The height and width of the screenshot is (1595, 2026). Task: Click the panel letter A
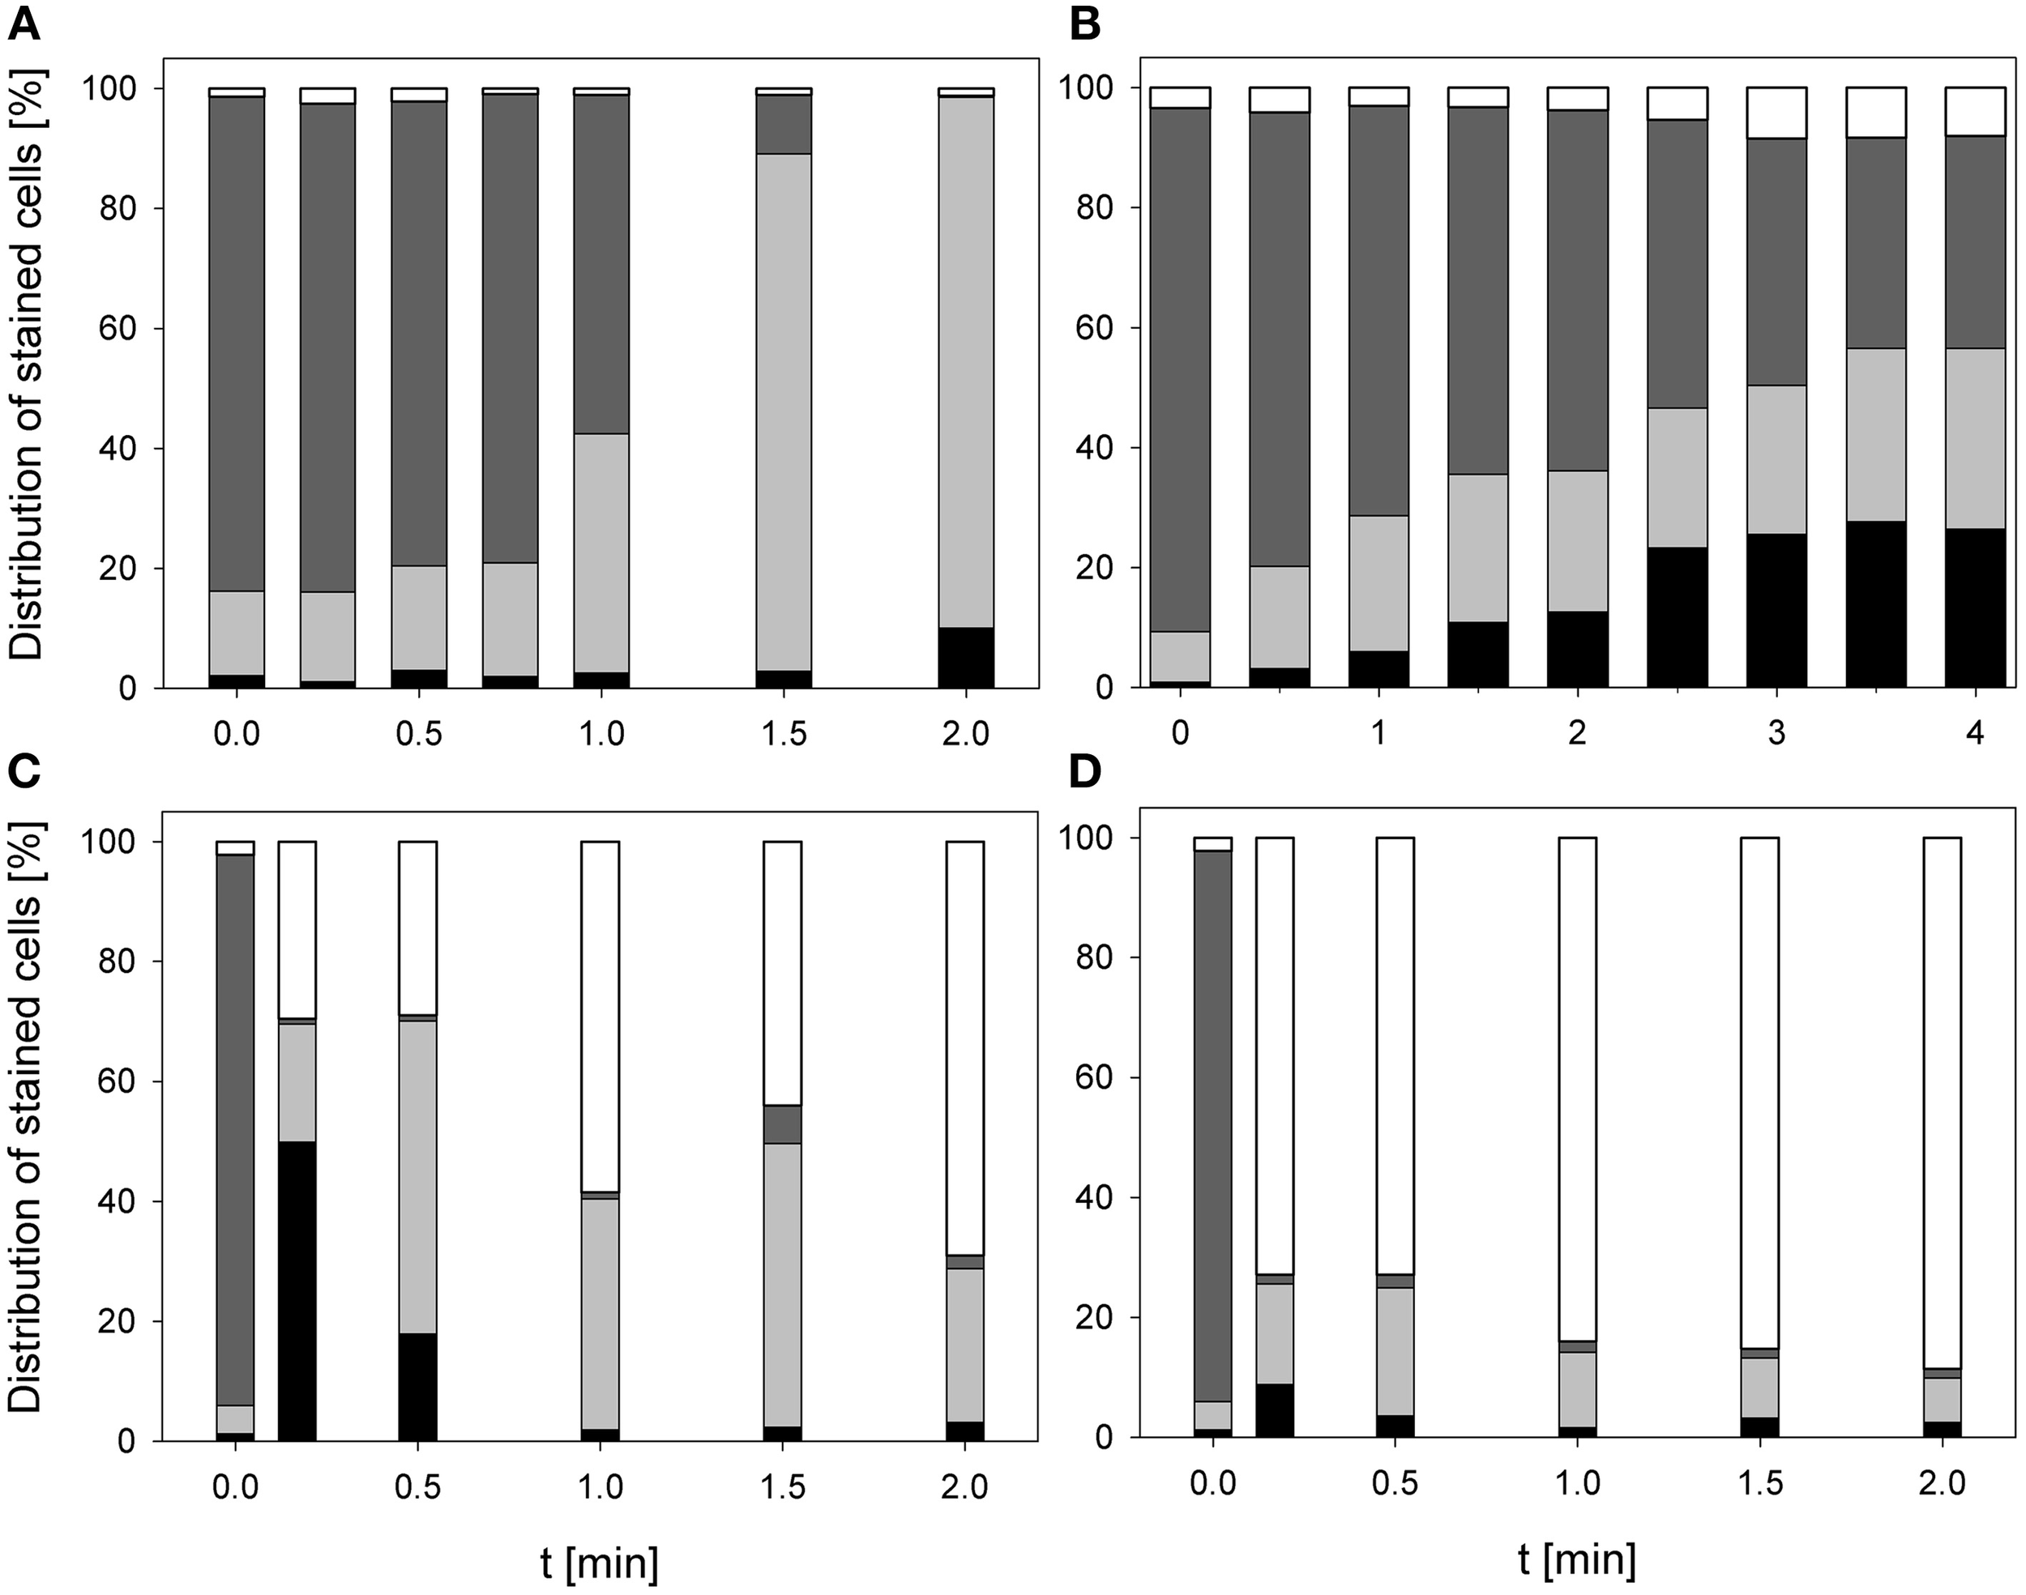tap(24, 25)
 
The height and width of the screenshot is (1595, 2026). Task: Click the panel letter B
tap(1084, 25)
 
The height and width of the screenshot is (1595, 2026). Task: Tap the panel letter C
tap(24, 774)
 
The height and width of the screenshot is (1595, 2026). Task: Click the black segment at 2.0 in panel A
tap(966, 658)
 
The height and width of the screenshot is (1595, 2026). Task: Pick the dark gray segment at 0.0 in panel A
tap(237, 343)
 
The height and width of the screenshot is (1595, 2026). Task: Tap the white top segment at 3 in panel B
tap(1776, 113)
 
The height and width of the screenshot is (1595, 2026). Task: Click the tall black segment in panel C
tap(297, 1291)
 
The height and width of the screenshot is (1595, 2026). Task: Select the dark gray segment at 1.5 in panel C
tap(783, 1124)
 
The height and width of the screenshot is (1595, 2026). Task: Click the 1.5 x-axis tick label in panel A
tap(783, 733)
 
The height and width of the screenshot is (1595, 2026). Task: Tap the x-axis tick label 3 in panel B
tap(1776, 733)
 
